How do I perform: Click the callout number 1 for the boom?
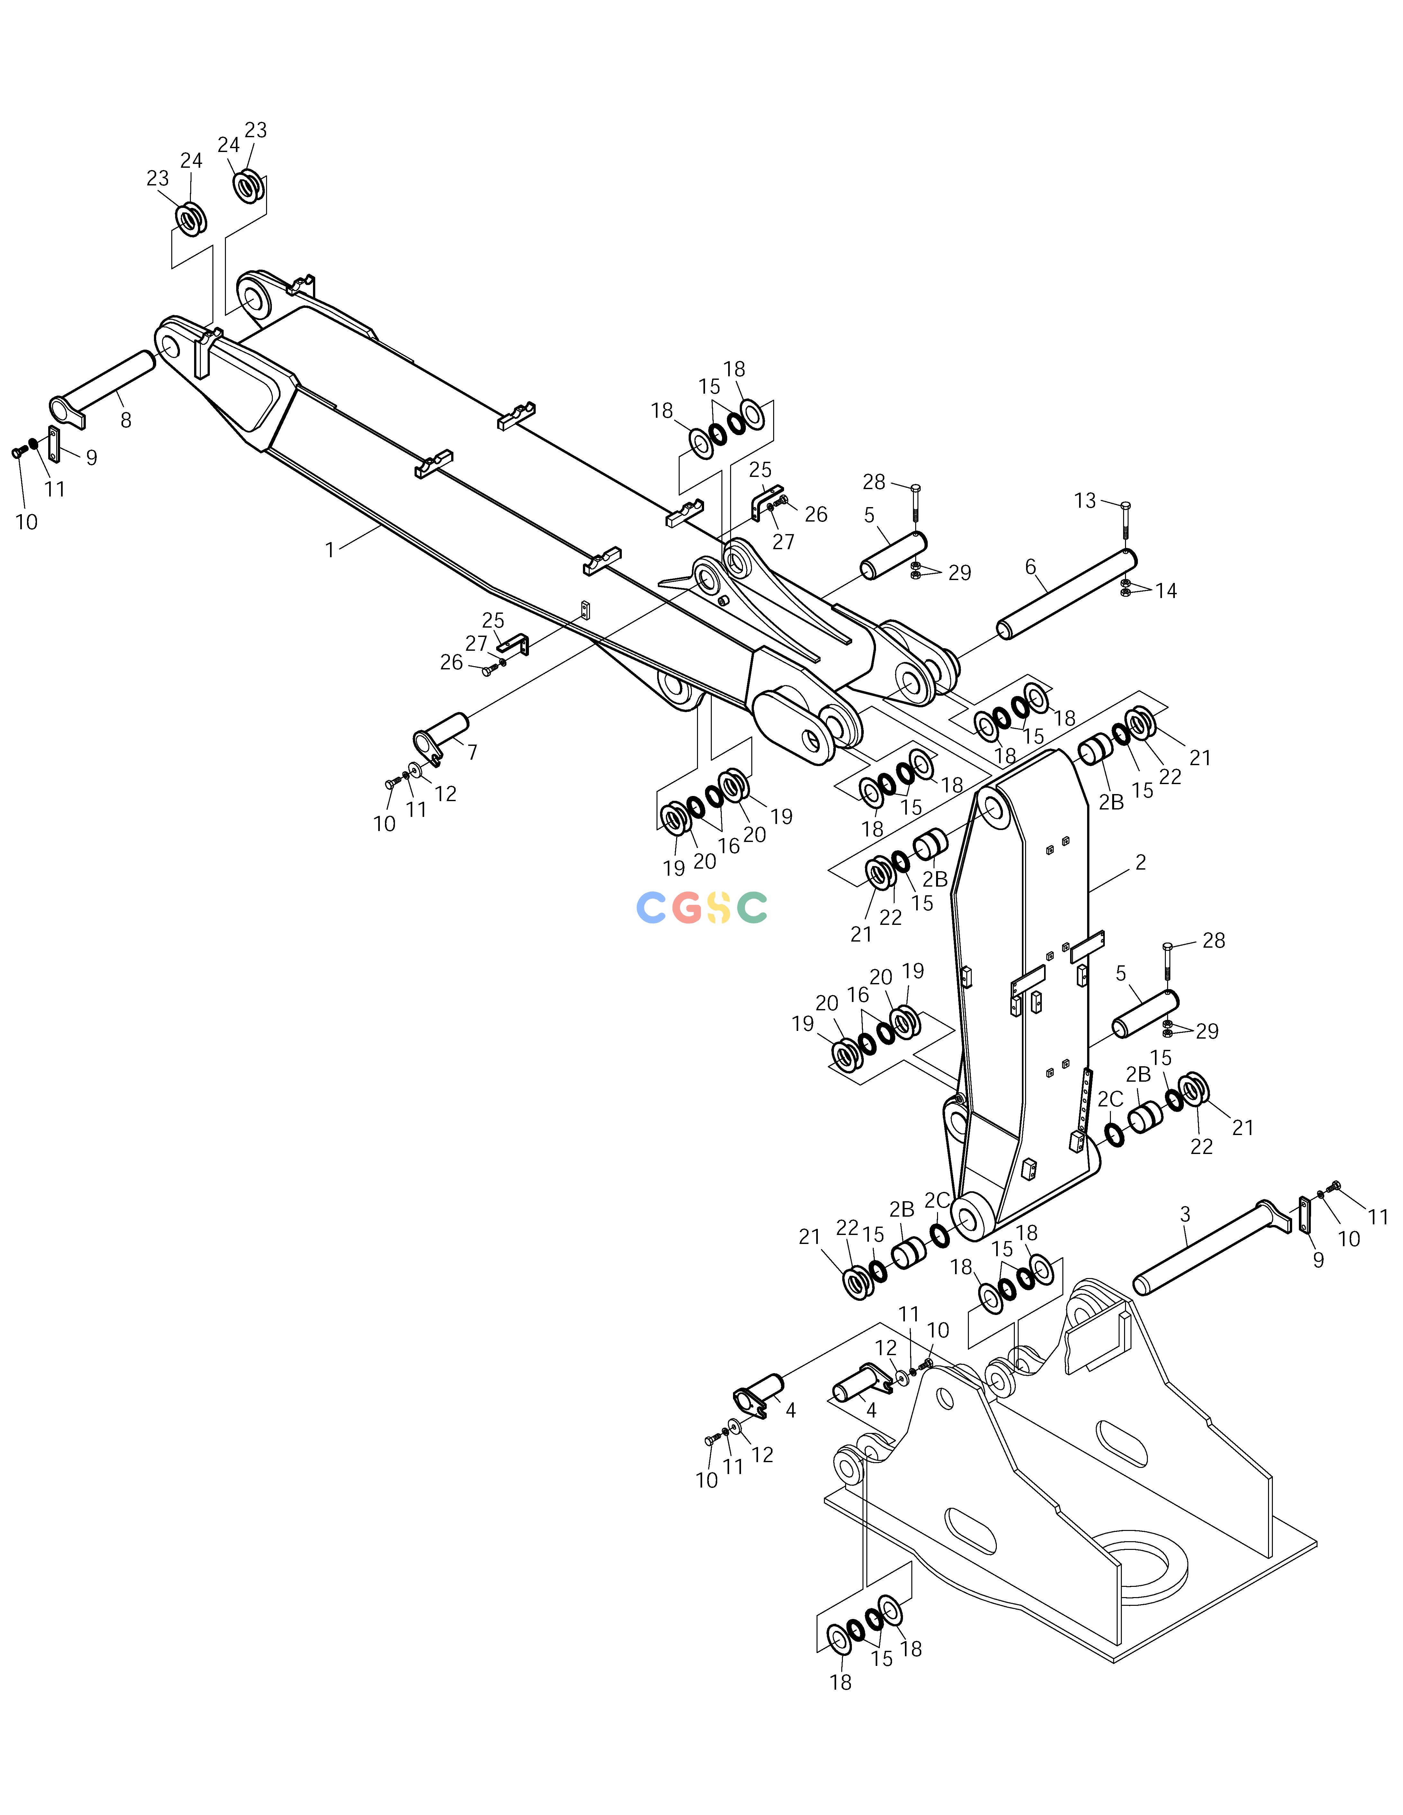[x=330, y=550]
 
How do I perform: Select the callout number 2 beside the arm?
[x=1140, y=863]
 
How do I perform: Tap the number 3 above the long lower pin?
[x=1185, y=1215]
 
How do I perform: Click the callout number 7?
[x=472, y=752]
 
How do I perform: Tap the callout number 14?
[x=1166, y=591]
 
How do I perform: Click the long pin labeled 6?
[x=1067, y=595]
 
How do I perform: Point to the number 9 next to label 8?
[x=92, y=458]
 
